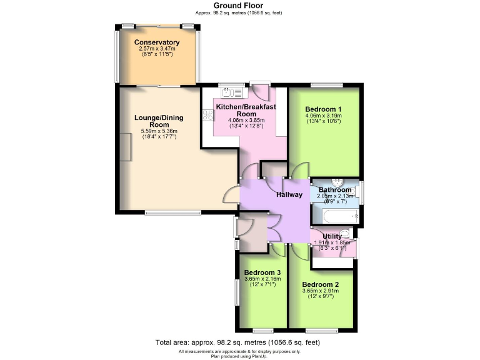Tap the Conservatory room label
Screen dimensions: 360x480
coord(157,42)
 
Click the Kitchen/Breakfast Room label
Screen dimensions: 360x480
coord(246,111)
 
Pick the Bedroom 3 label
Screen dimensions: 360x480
coord(262,272)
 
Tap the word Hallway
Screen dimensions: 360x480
coord(291,196)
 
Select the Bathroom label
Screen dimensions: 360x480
coord(335,190)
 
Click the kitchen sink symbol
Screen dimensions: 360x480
coord(232,92)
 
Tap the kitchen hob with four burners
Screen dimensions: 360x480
coord(207,114)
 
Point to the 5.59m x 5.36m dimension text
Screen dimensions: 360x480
coord(159,131)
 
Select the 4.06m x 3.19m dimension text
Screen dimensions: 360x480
coord(324,116)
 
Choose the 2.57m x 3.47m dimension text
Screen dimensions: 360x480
coord(157,49)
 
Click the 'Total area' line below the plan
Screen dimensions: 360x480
coord(239,342)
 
